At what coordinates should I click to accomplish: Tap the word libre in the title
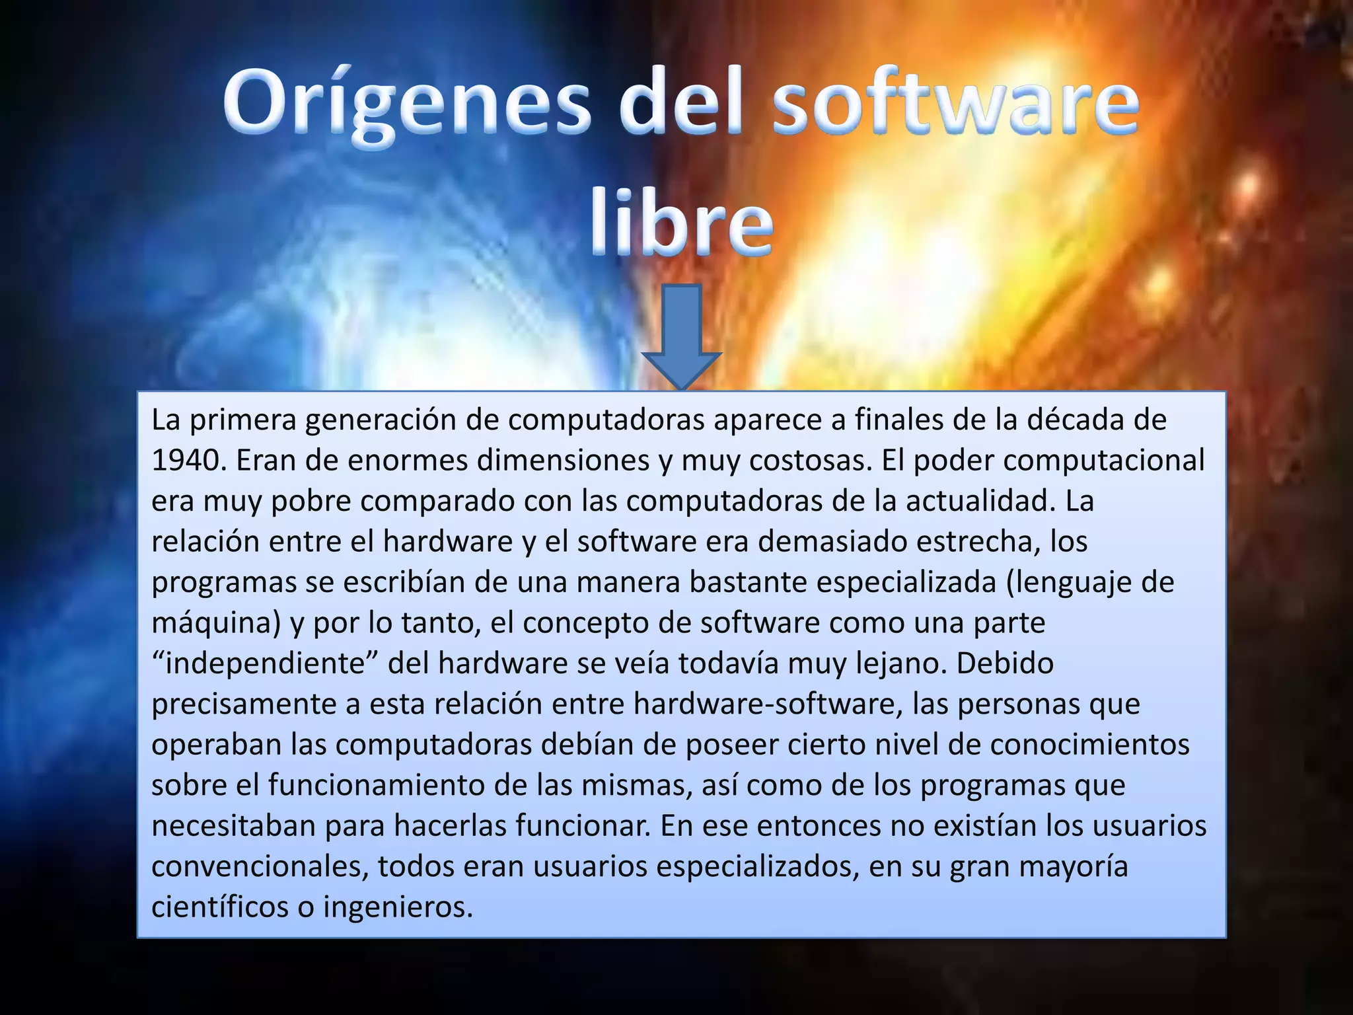(681, 221)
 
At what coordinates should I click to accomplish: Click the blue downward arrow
(681, 337)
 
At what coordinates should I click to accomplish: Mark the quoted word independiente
(265, 663)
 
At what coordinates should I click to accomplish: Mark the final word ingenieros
(398, 907)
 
